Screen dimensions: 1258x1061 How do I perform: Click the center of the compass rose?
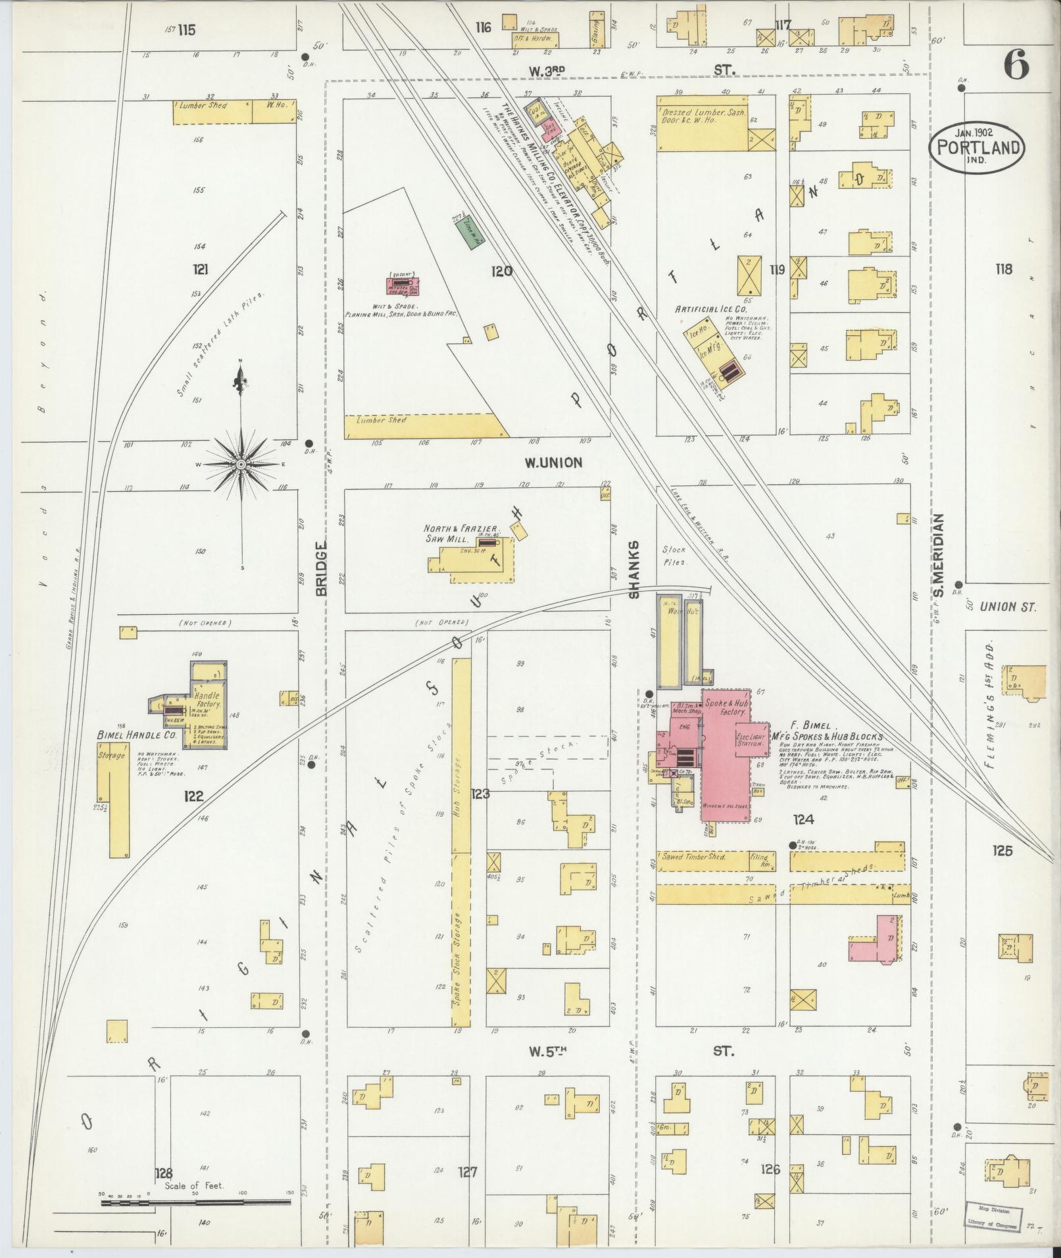click(241, 464)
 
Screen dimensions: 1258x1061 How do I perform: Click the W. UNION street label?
click(553, 463)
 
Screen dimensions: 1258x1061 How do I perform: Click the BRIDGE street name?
click(321, 569)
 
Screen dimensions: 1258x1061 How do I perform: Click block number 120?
click(501, 270)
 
